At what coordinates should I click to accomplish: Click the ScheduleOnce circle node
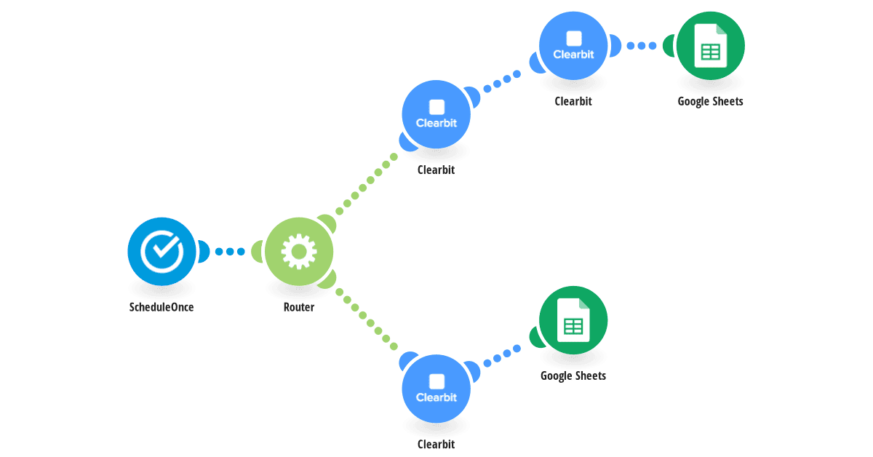tap(162, 252)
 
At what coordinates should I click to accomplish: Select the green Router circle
tap(299, 252)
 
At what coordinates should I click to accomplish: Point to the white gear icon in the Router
tap(299, 252)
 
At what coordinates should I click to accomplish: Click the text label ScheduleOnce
tap(162, 307)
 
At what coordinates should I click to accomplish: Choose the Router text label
tap(299, 307)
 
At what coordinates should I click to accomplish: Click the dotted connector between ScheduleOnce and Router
tap(230, 252)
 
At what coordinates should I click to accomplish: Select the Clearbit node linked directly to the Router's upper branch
tap(436, 114)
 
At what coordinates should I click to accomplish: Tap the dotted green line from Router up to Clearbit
tap(367, 184)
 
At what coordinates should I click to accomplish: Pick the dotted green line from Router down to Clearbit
tap(367, 319)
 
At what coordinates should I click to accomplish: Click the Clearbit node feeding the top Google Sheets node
tap(573, 46)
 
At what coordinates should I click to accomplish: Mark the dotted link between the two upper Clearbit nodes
tap(502, 82)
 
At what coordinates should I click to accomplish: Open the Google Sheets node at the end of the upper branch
tap(711, 46)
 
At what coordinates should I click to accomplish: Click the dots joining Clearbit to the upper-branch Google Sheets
tap(642, 46)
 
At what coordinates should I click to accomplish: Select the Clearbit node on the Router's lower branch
tap(436, 389)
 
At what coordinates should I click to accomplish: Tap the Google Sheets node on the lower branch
tap(573, 320)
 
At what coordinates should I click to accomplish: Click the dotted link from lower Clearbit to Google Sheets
tap(502, 356)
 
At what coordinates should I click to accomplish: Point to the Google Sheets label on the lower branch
tap(573, 376)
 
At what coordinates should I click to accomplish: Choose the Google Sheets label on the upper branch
tap(711, 101)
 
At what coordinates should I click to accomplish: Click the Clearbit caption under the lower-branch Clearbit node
tap(436, 444)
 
